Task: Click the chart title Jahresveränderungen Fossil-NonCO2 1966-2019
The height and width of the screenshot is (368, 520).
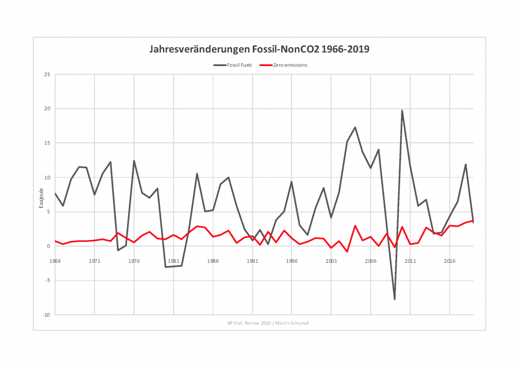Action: pyautogui.click(x=259, y=49)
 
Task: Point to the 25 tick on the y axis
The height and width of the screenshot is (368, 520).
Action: pyautogui.click(x=47, y=74)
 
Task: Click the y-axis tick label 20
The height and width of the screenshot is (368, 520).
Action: pyautogui.click(x=47, y=109)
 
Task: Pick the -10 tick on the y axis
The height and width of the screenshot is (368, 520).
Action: pyautogui.click(x=46, y=315)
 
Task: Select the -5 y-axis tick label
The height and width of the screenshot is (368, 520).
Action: pyautogui.click(x=47, y=281)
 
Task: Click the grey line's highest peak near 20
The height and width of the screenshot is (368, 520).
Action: pyautogui.click(x=402, y=110)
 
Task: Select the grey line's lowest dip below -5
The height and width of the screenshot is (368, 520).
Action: pyautogui.click(x=395, y=299)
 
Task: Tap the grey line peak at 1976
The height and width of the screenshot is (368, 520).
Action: pyautogui.click(x=134, y=161)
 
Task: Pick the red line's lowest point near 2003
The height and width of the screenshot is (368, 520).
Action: pyautogui.click(x=347, y=252)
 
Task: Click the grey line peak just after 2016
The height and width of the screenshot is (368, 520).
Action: pyautogui.click(x=465, y=164)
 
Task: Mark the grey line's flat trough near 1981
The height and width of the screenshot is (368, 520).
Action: pyautogui.click(x=173, y=266)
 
